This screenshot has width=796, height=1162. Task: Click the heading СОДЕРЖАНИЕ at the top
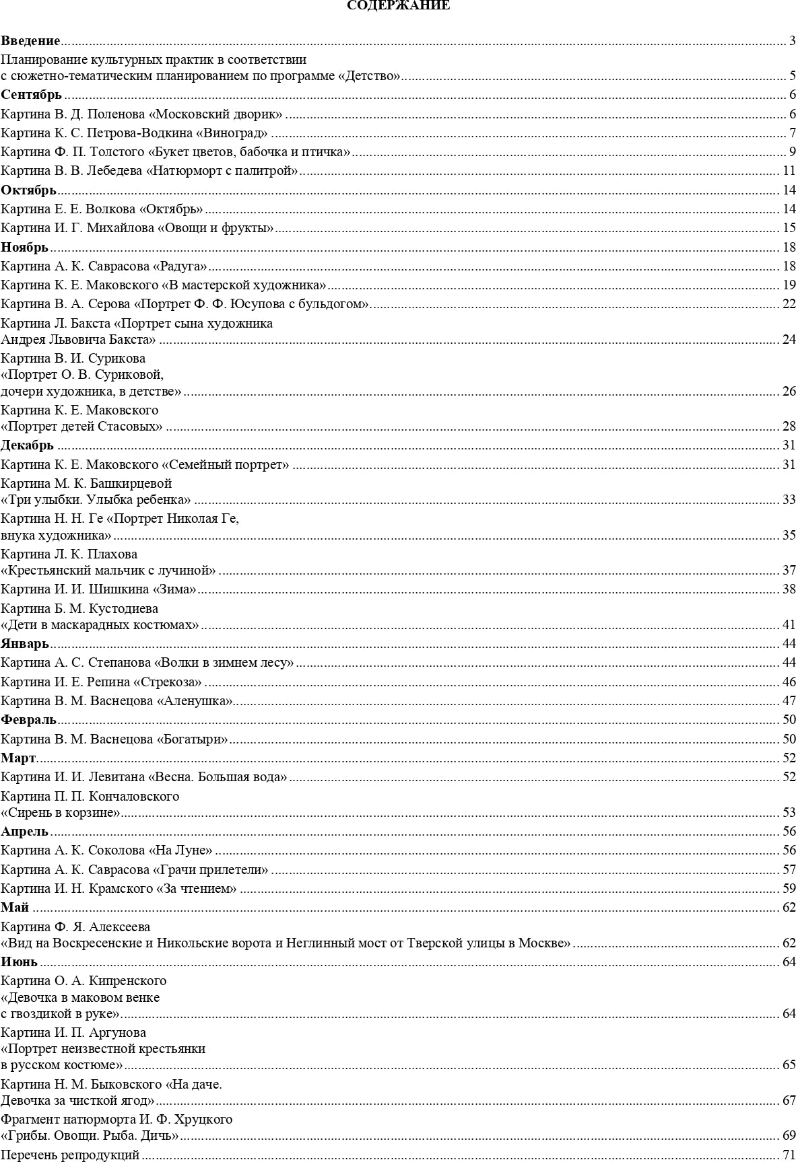pyautogui.click(x=398, y=6)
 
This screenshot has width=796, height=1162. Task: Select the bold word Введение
pyautogui.click(x=30, y=41)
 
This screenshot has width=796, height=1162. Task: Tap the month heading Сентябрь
pyautogui.click(x=31, y=94)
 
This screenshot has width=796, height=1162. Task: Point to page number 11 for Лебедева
pyautogui.click(x=789, y=171)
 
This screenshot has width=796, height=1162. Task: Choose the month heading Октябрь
pyautogui.click(x=28, y=190)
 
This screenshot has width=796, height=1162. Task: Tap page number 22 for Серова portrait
pyautogui.click(x=789, y=304)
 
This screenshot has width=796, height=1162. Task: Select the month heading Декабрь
pyautogui.click(x=27, y=445)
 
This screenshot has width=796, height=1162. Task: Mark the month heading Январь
pyautogui.click(x=25, y=643)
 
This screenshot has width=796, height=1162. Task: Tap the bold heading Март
pyautogui.click(x=18, y=758)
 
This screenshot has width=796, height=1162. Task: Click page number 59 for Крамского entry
pyautogui.click(x=789, y=889)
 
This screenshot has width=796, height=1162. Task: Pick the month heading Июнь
pyautogui.click(x=19, y=961)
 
